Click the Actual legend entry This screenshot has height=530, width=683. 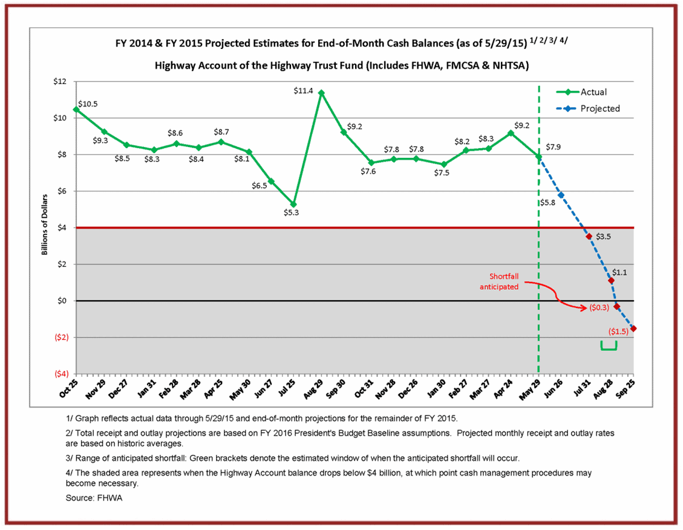(x=593, y=92)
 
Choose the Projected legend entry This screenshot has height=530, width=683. (x=600, y=108)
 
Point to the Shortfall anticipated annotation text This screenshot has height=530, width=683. (x=499, y=281)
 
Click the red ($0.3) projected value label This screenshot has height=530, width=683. (x=600, y=307)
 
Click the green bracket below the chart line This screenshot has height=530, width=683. (x=609, y=347)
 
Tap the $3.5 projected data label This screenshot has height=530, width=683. (x=604, y=237)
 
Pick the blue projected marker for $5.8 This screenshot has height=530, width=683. (x=561, y=195)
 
